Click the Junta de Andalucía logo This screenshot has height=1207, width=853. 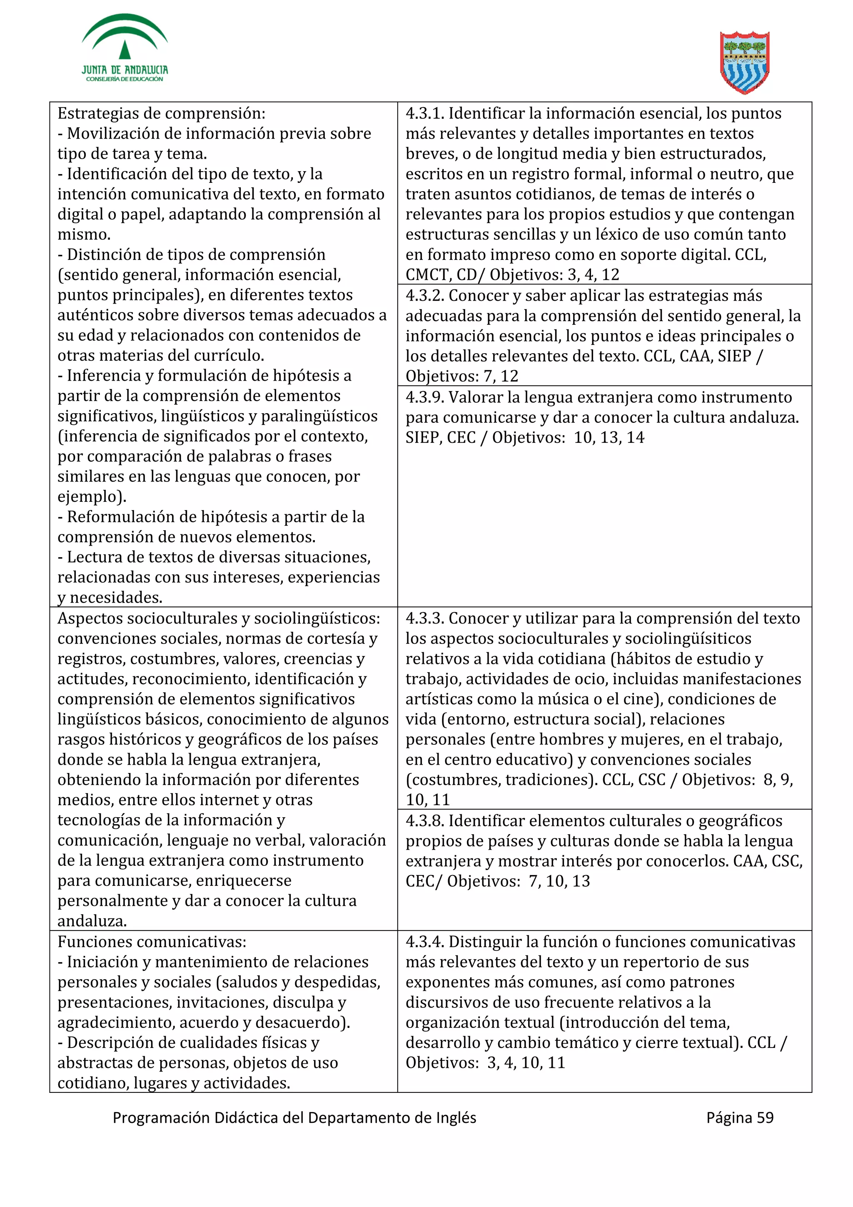pos(125,48)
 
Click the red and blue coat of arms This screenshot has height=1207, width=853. pos(744,62)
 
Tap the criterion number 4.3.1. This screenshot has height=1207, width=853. pos(425,114)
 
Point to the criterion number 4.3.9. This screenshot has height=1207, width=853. pos(425,397)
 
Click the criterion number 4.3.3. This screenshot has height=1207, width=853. pos(425,618)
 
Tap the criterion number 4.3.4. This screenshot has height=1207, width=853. pos(425,942)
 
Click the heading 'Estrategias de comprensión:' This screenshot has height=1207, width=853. pos(161,114)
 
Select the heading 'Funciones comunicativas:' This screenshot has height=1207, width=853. pos(152,942)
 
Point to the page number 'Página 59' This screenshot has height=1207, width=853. pos(739,1117)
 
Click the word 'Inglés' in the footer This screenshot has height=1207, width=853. pos(456,1117)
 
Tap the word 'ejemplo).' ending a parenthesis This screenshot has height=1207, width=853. pos(92,497)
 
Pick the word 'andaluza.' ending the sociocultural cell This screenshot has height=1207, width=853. pos(92,921)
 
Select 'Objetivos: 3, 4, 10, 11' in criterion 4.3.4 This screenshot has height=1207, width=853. pos(484,1063)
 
